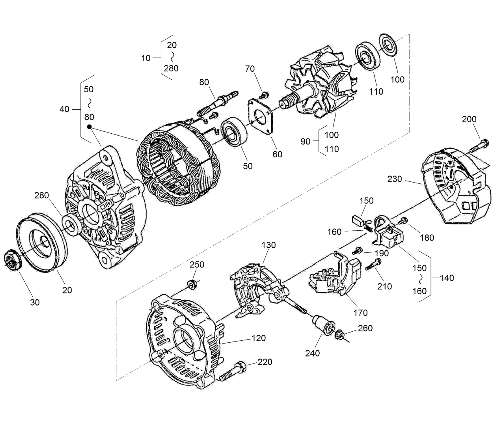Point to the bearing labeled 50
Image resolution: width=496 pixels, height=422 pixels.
tap(235, 132)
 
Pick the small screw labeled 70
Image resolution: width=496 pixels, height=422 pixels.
tap(265, 95)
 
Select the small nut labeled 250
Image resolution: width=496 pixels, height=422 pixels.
tap(192, 284)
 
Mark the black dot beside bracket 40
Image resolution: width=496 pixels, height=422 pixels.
tap(90, 127)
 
